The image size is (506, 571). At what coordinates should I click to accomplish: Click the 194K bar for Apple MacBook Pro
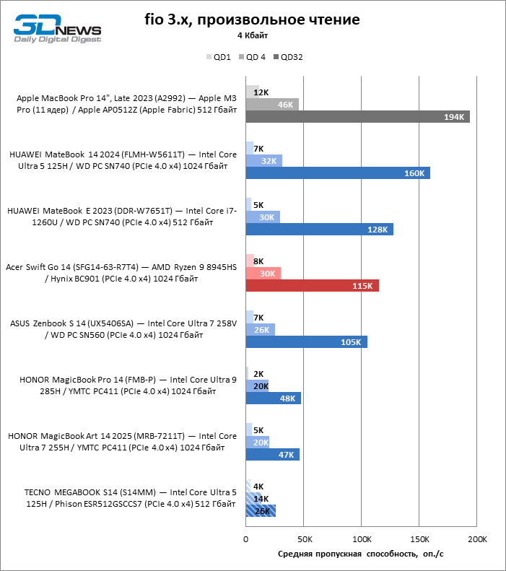357,117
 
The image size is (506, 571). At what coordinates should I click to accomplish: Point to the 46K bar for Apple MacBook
272,105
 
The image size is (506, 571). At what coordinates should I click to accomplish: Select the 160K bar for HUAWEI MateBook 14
337,173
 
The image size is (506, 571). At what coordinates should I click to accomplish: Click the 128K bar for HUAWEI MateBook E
319,230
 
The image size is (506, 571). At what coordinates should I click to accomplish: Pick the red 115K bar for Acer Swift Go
312,286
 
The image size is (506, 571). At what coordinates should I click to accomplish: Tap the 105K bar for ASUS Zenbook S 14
306,342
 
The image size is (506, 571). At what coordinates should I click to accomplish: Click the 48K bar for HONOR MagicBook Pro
273,398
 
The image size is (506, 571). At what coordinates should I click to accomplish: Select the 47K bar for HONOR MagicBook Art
272,455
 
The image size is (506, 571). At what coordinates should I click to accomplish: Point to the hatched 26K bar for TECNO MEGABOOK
261,511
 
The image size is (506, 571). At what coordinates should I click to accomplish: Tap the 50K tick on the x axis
304,539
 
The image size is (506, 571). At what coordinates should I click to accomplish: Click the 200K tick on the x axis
476,539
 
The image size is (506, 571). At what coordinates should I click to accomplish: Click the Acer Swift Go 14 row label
121,272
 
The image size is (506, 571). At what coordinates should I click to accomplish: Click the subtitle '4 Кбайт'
253,35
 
